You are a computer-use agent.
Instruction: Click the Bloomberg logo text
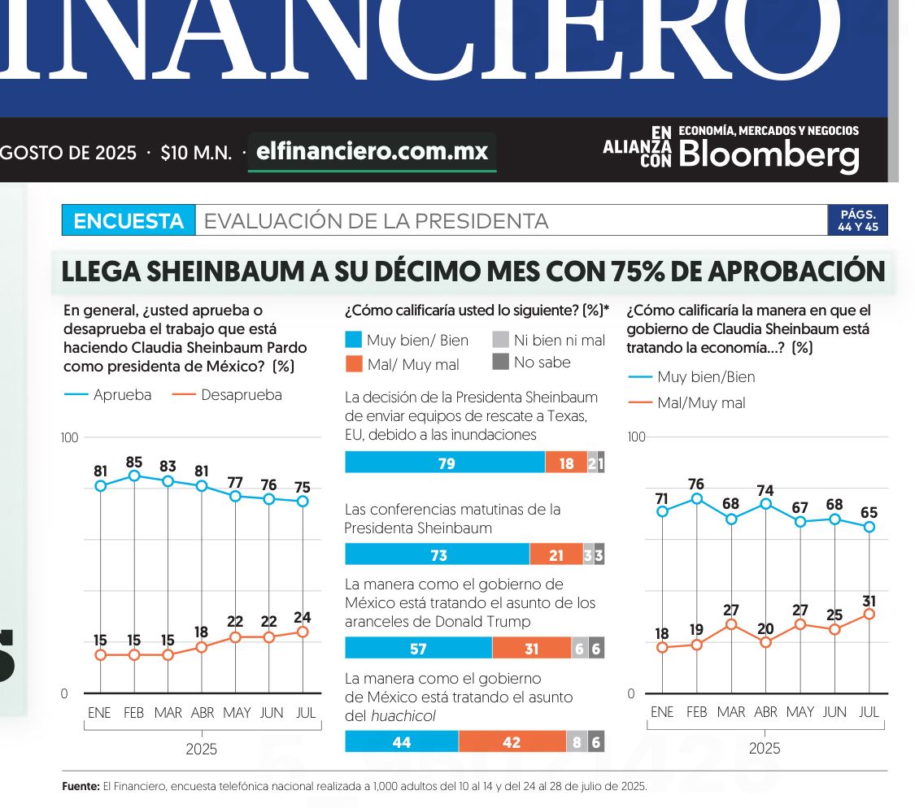tap(768, 154)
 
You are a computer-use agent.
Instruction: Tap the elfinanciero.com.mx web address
tap(372, 152)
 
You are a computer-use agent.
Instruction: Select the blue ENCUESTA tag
tap(129, 221)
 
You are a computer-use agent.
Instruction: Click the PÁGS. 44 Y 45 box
tap(857, 221)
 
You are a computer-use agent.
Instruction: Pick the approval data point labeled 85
tap(134, 476)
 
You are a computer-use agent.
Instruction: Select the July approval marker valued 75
tap(303, 501)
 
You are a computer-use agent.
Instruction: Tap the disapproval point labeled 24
tap(303, 632)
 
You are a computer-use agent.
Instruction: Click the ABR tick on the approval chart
tap(202, 713)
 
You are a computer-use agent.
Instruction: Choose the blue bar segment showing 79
tap(445, 463)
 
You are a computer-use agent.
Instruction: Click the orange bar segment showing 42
tap(512, 741)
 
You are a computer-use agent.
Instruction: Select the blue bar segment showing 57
tap(418, 648)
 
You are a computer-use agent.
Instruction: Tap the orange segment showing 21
tap(556, 555)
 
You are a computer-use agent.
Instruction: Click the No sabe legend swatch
tap(501, 362)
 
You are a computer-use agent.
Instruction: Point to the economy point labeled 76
tap(696, 498)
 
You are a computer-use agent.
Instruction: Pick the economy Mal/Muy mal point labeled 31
tap(869, 614)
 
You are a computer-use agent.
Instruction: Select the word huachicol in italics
tap(403, 716)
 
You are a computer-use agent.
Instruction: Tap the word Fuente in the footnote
tap(81, 787)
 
